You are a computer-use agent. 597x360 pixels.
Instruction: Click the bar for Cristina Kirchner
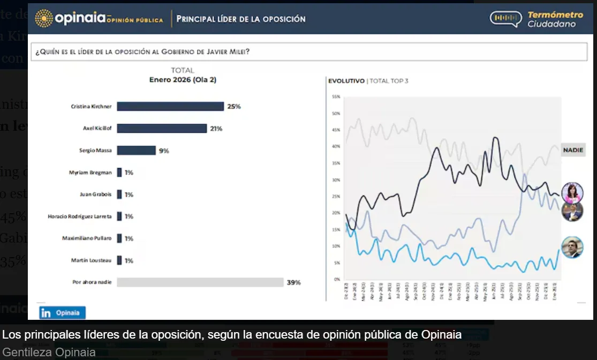[170, 106]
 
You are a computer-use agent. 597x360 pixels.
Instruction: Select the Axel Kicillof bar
[162, 129]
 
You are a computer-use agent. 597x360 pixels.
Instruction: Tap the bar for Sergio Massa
[136, 151]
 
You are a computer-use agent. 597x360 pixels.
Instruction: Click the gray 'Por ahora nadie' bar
[200, 282]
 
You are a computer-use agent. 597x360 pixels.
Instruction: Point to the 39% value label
[294, 282]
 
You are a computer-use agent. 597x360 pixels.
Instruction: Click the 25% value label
[234, 107]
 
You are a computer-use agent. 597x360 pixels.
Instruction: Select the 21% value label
[216, 129]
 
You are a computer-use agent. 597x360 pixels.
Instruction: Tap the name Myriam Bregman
[90, 172]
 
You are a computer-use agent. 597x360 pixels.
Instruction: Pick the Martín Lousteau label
[91, 260]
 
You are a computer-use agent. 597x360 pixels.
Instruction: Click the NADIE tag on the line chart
[572, 150]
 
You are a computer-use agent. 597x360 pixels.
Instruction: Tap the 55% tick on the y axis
[336, 97]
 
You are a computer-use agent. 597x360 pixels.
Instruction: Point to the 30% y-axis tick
[336, 180]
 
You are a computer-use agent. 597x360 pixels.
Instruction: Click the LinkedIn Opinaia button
[62, 312]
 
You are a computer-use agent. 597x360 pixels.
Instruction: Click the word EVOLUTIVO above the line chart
[346, 81]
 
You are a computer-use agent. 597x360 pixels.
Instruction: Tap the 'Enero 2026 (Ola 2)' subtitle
[183, 80]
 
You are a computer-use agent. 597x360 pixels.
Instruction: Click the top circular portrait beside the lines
[572, 193]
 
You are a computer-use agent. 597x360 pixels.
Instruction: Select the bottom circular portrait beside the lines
[572, 247]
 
